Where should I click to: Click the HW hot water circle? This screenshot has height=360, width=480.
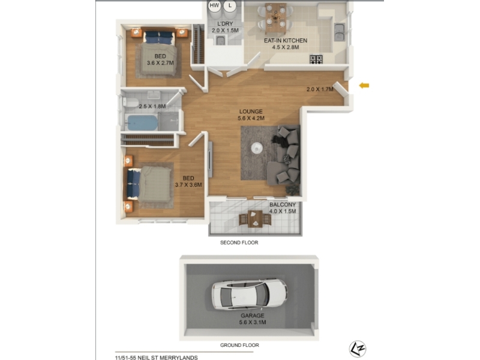(214, 6)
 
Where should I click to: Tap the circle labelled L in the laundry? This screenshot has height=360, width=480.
(230, 6)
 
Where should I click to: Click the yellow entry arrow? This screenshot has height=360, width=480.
(364, 85)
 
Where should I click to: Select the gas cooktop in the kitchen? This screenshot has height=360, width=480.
(316, 59)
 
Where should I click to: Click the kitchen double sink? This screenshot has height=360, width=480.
(339, 32)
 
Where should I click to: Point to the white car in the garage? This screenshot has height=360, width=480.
(250, 295)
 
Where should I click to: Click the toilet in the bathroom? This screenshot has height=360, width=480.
(131, 102)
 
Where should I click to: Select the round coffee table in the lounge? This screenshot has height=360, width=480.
(257, 148)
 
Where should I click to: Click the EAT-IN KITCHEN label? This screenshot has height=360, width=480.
(286, 40)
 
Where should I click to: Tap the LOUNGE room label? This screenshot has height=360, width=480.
(251, 112)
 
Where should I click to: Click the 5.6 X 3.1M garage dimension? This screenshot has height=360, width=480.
(253, 322)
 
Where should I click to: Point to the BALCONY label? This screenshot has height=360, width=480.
(282, 205)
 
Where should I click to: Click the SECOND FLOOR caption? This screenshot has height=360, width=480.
(239, 242)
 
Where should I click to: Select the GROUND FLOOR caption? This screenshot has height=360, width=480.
(239, 345)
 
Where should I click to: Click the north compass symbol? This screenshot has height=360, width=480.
(358, 349)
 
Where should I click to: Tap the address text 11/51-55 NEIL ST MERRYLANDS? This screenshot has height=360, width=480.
(156, 357)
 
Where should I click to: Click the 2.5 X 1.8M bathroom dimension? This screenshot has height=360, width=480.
(152, 106)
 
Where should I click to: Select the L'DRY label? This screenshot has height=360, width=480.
(225, 23)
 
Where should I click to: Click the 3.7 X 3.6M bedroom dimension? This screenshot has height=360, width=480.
(188, 185)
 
